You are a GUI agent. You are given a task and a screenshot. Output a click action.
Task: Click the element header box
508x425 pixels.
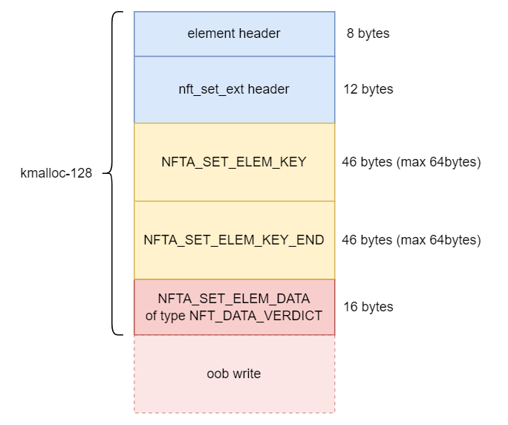click(234, 33)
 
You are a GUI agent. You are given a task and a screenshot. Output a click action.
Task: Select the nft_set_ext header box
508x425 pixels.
click(234, 89)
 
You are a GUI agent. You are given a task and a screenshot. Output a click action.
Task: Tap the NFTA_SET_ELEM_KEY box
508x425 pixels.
click(234, 162)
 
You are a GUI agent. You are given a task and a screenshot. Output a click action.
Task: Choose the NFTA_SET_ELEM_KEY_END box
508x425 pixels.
click(234, 240)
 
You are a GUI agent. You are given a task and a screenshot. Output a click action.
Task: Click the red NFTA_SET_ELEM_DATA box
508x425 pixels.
click(234, 307)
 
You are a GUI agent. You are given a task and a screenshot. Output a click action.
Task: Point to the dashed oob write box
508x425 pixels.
click(234, 374)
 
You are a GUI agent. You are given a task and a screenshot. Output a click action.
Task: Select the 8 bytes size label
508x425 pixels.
click(368, 33)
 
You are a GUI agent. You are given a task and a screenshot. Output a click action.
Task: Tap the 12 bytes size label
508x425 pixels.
click(368, 89)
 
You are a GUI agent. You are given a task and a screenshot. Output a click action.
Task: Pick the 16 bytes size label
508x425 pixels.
click(368, 307)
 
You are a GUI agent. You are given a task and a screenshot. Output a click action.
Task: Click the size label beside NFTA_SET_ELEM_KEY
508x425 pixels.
click(411, 162)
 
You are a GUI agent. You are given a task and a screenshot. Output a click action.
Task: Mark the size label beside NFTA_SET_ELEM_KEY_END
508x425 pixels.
click(411, 240)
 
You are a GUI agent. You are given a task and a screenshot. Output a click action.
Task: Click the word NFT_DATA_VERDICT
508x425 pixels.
click(255, 315)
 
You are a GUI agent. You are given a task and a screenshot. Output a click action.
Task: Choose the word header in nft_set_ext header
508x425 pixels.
click(270, 89)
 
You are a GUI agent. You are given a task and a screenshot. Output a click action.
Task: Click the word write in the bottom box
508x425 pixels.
click(247, 374)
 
